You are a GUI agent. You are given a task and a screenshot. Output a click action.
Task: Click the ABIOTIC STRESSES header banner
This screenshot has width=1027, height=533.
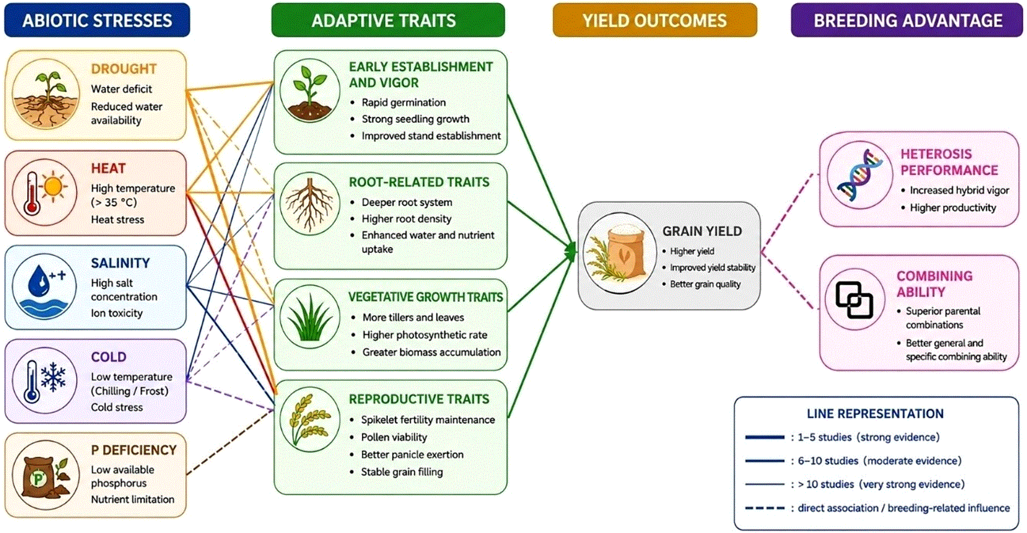pyautogui.click(x=97, y=20)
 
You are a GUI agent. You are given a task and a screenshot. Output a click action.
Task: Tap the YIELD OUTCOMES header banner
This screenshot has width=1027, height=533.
pyautogui.click(x=655, y=20)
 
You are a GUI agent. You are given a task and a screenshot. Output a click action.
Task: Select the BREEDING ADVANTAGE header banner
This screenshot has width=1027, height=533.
pyautogui.click(x=907, y=20)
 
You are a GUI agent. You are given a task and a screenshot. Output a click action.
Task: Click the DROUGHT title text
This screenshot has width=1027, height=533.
pyautogui.click(x=124, y=69)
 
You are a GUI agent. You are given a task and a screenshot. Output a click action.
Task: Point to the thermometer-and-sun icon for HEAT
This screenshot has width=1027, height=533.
pyautogui.click(x=45, y=192)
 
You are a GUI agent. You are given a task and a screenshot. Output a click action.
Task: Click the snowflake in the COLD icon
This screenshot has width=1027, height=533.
pyautogui.click(x=53, y=377)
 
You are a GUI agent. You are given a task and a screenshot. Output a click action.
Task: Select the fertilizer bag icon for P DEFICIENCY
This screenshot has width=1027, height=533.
pyautogui.click(x=45, y=475)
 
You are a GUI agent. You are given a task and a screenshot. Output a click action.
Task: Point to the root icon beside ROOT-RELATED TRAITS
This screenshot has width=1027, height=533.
pyautogui.click(x=310, y=204)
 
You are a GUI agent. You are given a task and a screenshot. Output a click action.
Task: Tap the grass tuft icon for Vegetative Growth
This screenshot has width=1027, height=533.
pyautogui.click(x=310, y=317)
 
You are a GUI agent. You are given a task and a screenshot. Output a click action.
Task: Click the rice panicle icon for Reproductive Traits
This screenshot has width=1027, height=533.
pyautogui.click(x=310, y=420)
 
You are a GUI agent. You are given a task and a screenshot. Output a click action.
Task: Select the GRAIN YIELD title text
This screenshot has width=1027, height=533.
pyautogui.click(x=702, y=231)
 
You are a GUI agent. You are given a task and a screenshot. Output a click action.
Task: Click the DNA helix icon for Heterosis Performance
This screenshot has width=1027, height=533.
pyautogui.click(x=860, y=175)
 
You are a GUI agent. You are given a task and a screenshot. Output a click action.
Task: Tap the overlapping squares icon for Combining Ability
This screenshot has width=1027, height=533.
pyautogui.click(x=854, y=300)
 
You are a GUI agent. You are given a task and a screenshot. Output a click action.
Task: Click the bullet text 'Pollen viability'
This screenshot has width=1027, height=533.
pyautogui.click(x=394, y=437)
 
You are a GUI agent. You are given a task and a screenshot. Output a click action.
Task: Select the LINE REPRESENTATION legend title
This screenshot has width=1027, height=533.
pyautogui.click(x=875, y=414)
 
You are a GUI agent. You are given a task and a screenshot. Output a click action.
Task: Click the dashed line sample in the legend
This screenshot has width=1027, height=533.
pyautogui.click(x=765, y=508)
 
